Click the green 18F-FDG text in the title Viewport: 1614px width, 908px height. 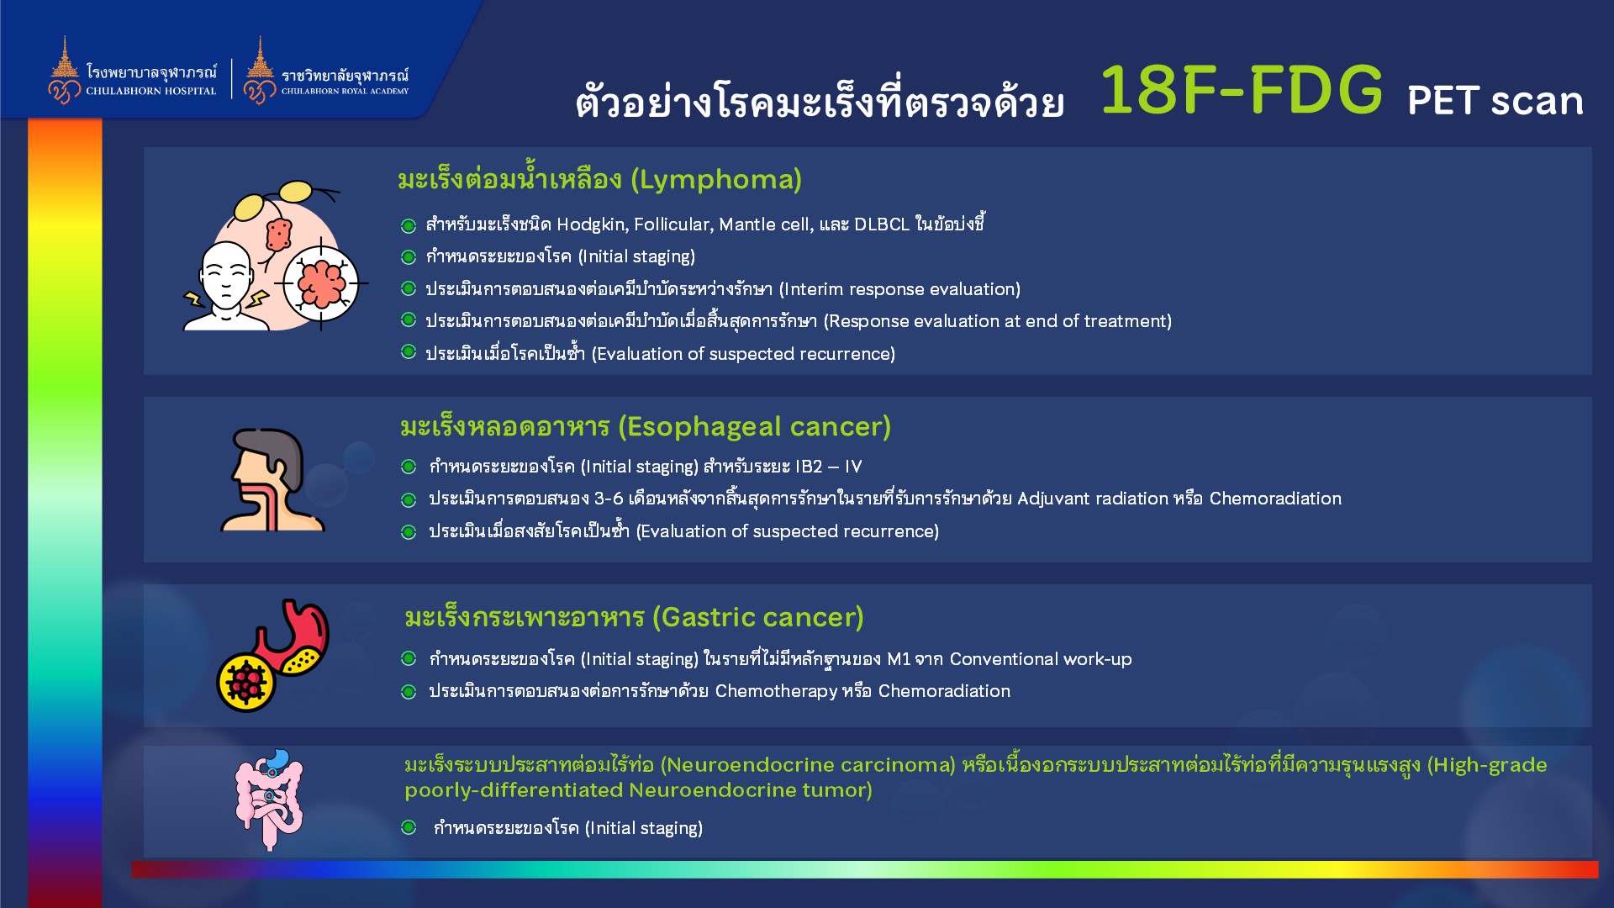click(x=1241, y=90)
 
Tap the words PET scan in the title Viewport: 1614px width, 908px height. click(x=1495, y=100)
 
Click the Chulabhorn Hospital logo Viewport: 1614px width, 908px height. click(x=133, y=71)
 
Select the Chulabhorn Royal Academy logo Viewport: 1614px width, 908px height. click(x=326, y=71)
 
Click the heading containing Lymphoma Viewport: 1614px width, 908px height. click(x=599, y=179)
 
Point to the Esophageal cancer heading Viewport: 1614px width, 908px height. click(x=646, y=426)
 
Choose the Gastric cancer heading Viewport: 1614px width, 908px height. click(x=634, y=617)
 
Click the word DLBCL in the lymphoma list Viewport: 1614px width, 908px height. click(x=882, y=224)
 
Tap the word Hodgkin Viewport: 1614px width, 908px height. click(x=592, y=224)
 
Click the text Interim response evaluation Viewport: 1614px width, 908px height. click(x=899, y=289)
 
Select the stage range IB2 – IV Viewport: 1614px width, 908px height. click(x=829, y=467)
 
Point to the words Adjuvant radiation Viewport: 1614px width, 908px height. click(x=1093, y=499)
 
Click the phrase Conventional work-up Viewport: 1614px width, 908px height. click(x=1041, y=659)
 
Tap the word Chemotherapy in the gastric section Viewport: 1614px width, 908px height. click(x=776, y=691)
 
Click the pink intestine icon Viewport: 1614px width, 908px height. click(x=269, y=800)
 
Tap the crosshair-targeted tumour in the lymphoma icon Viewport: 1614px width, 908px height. click(x=321, y=283)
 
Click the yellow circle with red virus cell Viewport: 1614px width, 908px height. click(x=245, y=682)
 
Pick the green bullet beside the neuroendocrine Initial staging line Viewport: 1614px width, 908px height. click(x=409, y=827)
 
